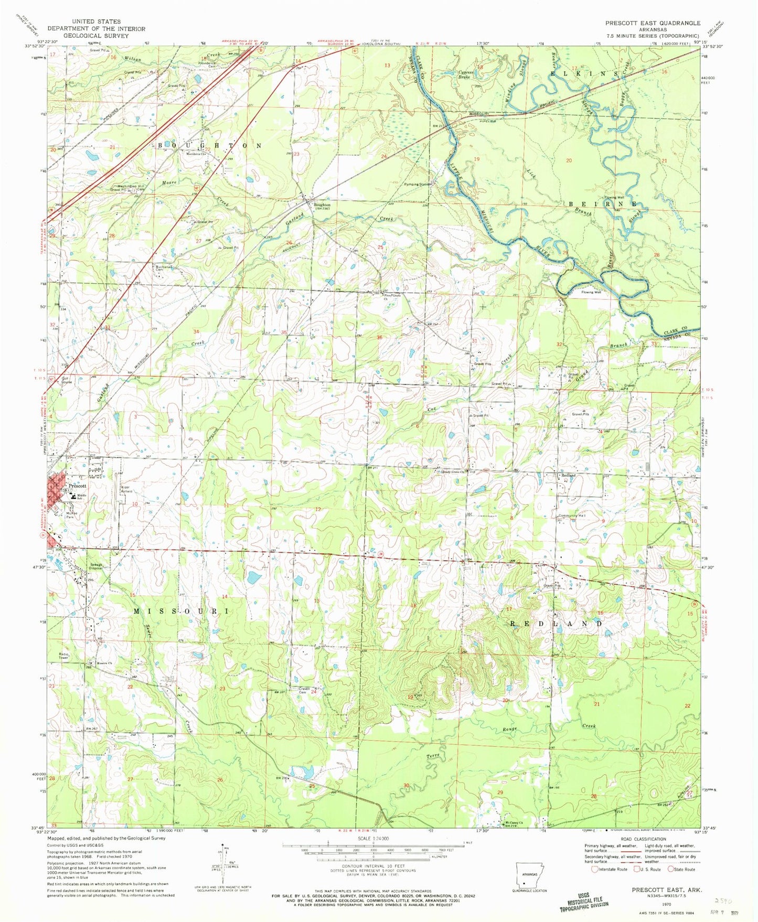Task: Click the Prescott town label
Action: pos(77,486)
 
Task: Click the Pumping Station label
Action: pos(418,185)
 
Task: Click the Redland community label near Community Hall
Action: pos(569,476)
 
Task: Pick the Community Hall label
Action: pos(574,516)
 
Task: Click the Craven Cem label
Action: pos(304,690)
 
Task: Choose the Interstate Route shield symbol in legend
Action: pos(594,869)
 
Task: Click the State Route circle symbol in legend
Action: pos(671,869)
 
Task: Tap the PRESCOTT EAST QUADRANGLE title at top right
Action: pos(653,23)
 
